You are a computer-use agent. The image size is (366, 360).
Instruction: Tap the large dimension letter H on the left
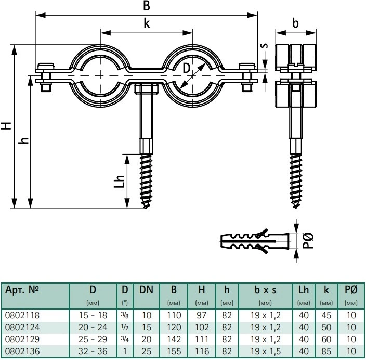click(x=6, y=125)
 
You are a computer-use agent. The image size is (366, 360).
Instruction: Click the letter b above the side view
click(x=295, y=23)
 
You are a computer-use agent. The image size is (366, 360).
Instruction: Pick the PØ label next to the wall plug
click(x=308, y=240)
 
